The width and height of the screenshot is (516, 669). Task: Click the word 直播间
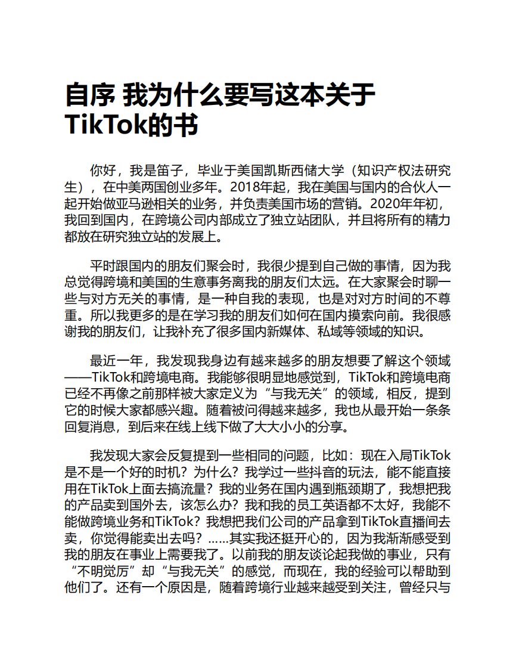pos(413,507)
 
